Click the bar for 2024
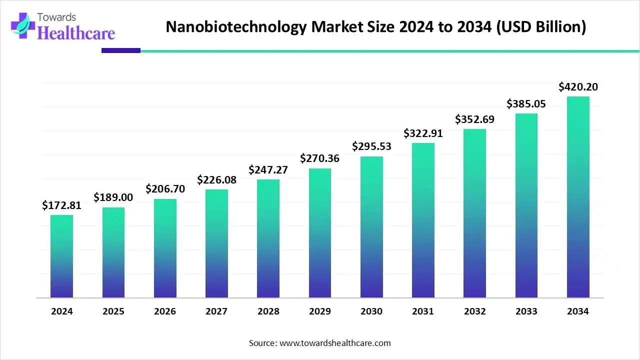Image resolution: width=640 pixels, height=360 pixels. (x=61, y=256)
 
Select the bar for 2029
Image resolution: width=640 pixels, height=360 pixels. (x=319, y=233)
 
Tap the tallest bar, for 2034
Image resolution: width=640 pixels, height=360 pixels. (x=578, y=197)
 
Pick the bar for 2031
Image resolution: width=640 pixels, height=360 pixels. (x=423, y=220)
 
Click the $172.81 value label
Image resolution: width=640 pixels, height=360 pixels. (x=61, y=205)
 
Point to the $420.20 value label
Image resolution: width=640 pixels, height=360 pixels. (x=578, y=87)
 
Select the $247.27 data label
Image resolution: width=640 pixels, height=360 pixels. (x=268, y=169)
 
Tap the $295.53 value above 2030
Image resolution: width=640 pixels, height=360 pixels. (x=371, y=146)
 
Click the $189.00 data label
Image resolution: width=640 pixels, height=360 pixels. (x=113, y=197)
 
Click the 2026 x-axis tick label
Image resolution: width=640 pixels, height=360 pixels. (x=165, y=311)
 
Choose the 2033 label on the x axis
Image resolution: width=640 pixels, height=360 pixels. (x=526, y=311)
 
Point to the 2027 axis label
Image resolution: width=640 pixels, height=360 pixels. (x=216, y=311)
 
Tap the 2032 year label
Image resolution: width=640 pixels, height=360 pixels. (x=474, y=311)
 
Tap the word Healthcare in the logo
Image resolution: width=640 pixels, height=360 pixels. (x=76, y=33)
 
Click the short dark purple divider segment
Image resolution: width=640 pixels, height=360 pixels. (x=120, y=50)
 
